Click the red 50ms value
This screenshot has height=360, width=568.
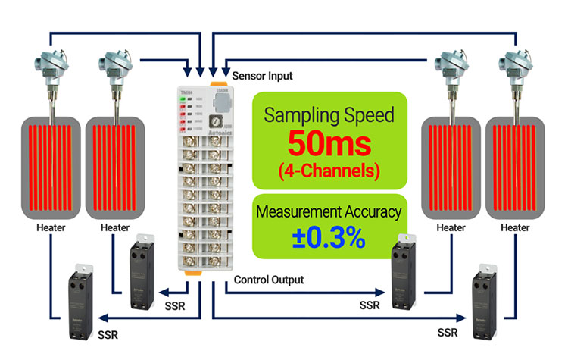click(x=329, y=143)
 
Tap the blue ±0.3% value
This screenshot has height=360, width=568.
click(x=329, y=236)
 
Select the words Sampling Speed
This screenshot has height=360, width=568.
click(x=329, y=115)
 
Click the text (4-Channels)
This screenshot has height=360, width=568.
click(x=329, y=170)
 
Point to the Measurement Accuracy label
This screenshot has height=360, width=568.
click(x=329, y=212)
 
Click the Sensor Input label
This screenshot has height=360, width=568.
click(x=262, y=76)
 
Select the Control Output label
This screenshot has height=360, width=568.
click(x=269, y=280)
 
